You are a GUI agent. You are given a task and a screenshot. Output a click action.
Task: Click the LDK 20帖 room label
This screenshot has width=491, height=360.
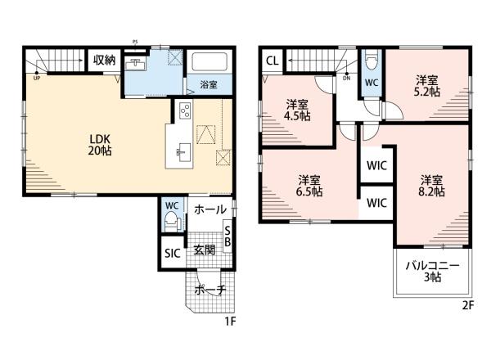click(100, 145)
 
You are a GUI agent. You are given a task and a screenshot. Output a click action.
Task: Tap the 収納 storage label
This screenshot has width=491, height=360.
click(104, 60)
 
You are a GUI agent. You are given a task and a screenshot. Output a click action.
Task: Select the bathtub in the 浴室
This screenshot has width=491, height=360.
click(209, 61)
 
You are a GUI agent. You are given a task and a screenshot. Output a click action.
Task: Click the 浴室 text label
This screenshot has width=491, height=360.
click(209, 84)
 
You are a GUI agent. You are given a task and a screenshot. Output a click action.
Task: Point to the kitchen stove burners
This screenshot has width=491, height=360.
click(185, 110)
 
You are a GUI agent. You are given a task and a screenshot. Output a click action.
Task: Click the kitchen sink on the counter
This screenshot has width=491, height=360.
click(183, 152)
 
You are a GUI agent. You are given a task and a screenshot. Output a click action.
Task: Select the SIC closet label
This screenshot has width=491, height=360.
click(173, 253)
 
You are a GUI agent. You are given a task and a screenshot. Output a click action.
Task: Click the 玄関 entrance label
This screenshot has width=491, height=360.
click(204, 250)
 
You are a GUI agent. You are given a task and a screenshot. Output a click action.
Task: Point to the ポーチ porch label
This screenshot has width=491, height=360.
click(210, 290)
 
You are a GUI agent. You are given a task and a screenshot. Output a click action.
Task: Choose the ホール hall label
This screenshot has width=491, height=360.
click(210, 209)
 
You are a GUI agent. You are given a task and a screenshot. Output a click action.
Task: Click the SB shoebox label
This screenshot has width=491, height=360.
click(227, 236)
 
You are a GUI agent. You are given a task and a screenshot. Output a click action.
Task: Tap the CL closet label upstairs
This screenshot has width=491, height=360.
click(273, 61)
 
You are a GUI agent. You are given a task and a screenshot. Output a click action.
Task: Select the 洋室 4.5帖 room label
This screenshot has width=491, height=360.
click(297, 110)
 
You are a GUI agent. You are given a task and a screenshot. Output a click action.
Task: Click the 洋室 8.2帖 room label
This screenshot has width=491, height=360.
click(431, 186)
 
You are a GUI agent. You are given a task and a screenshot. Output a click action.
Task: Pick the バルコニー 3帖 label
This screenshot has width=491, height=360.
click(433, 272)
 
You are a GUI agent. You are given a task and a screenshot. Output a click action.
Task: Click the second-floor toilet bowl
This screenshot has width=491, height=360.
click(372, 61)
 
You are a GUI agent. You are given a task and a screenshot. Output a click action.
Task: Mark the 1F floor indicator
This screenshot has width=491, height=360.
click(230, 322)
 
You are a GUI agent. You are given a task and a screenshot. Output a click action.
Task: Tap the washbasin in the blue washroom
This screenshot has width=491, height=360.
click(135, 65)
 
